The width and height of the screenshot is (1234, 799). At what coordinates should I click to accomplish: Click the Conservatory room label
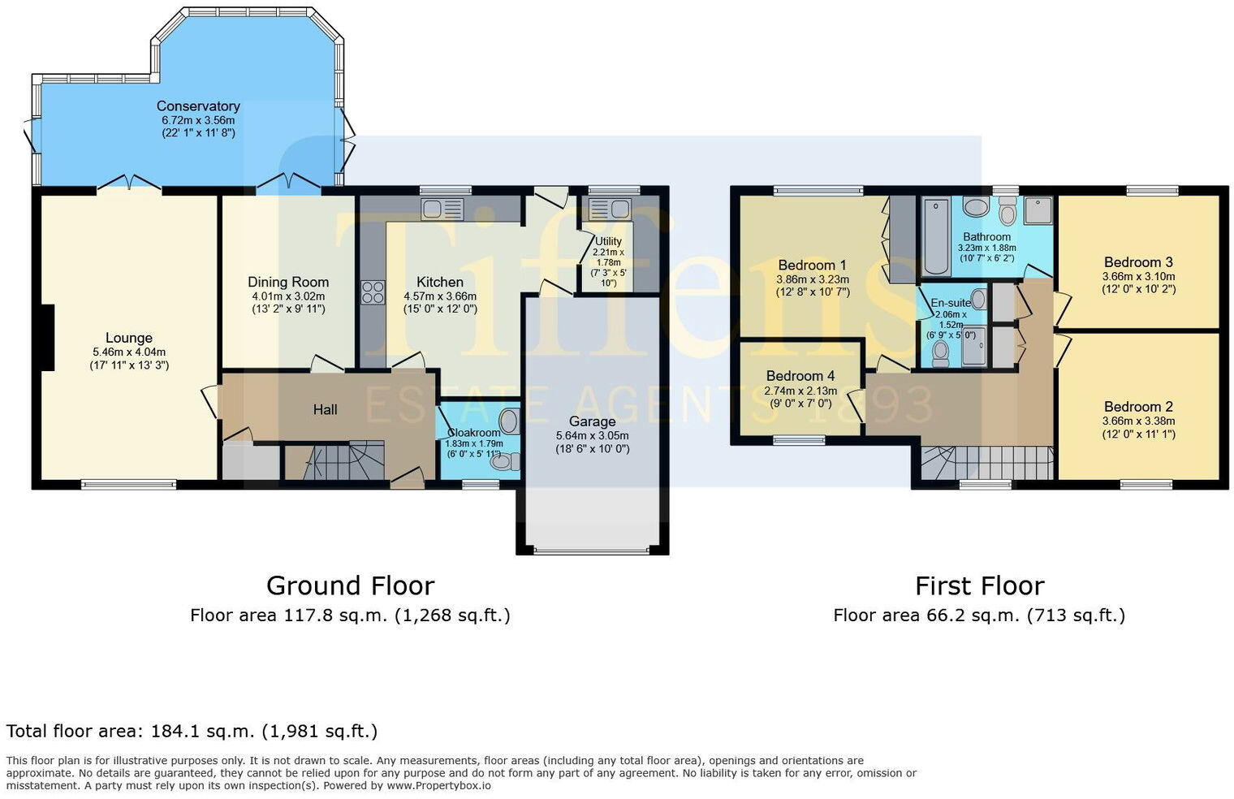[x=198, y=106]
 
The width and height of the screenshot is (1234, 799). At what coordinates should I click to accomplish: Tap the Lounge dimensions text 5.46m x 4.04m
[x=129, y=352]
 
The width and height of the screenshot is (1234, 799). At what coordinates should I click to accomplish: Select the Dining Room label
[x=288, y=282]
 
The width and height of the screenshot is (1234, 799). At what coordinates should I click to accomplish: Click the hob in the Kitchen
[x=373, y=292]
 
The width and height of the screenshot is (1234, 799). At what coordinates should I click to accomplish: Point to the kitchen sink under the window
[x=442, y=209]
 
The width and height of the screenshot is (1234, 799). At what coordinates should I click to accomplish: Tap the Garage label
[x=592, y=421]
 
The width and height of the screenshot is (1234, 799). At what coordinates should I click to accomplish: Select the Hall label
[x=325, y=410]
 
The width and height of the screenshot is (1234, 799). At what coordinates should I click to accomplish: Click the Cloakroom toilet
[x=505, y=462]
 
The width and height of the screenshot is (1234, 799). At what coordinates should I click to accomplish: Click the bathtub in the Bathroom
[x=936, y=236]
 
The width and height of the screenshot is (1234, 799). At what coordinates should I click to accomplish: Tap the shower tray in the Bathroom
[x=1038, y=211]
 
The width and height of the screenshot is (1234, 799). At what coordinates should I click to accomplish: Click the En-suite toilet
[x=941, y=352]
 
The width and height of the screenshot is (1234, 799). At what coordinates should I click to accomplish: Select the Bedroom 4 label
[x=800, y=376]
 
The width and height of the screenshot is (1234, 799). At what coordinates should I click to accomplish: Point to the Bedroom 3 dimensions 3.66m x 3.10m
[x=1138, y=276]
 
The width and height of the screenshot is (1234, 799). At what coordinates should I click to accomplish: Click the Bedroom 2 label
[x=1138, y=407]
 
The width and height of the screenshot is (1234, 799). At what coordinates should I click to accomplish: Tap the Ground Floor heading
[x=350, y=585]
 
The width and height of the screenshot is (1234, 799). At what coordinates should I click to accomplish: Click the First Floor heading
[x=979, y=585]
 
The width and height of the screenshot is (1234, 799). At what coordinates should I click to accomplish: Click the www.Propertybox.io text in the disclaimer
[x=438, y=785]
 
